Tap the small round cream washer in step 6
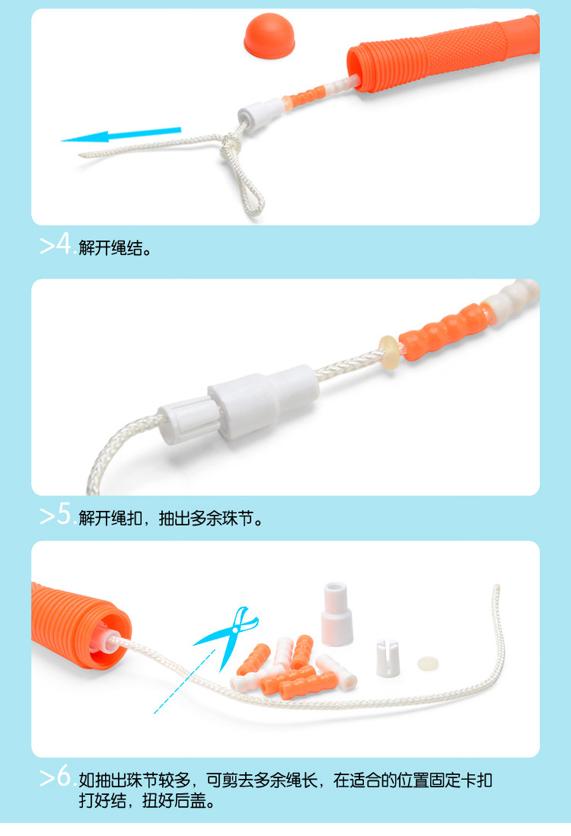tap(429, 662)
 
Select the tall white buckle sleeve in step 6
tap(334, 614)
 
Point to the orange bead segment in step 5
tap(442, 330)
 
